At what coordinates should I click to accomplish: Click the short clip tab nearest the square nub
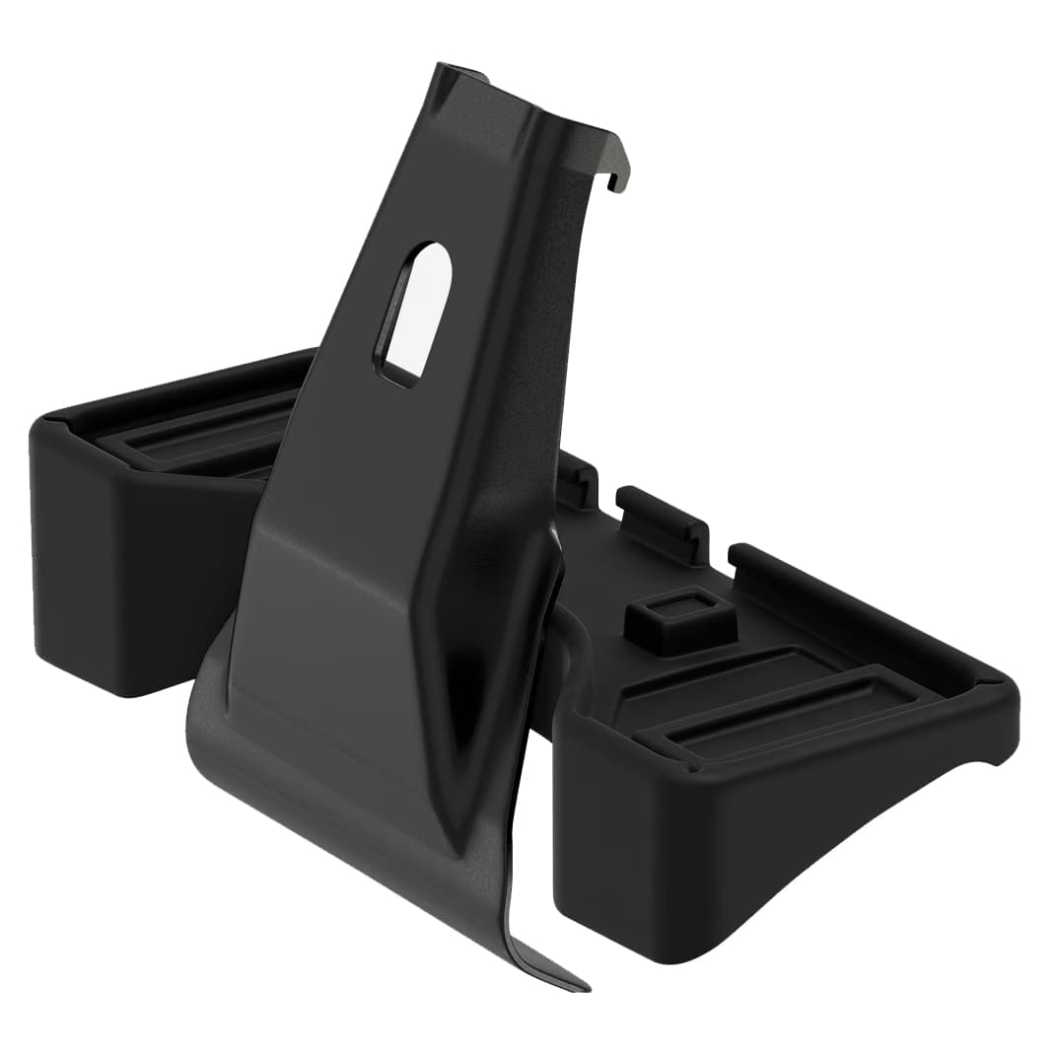click(x=664, y=519)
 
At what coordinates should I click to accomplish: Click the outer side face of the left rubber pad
click(x=128, y=562)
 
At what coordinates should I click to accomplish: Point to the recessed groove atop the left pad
click(x=197, y=434)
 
